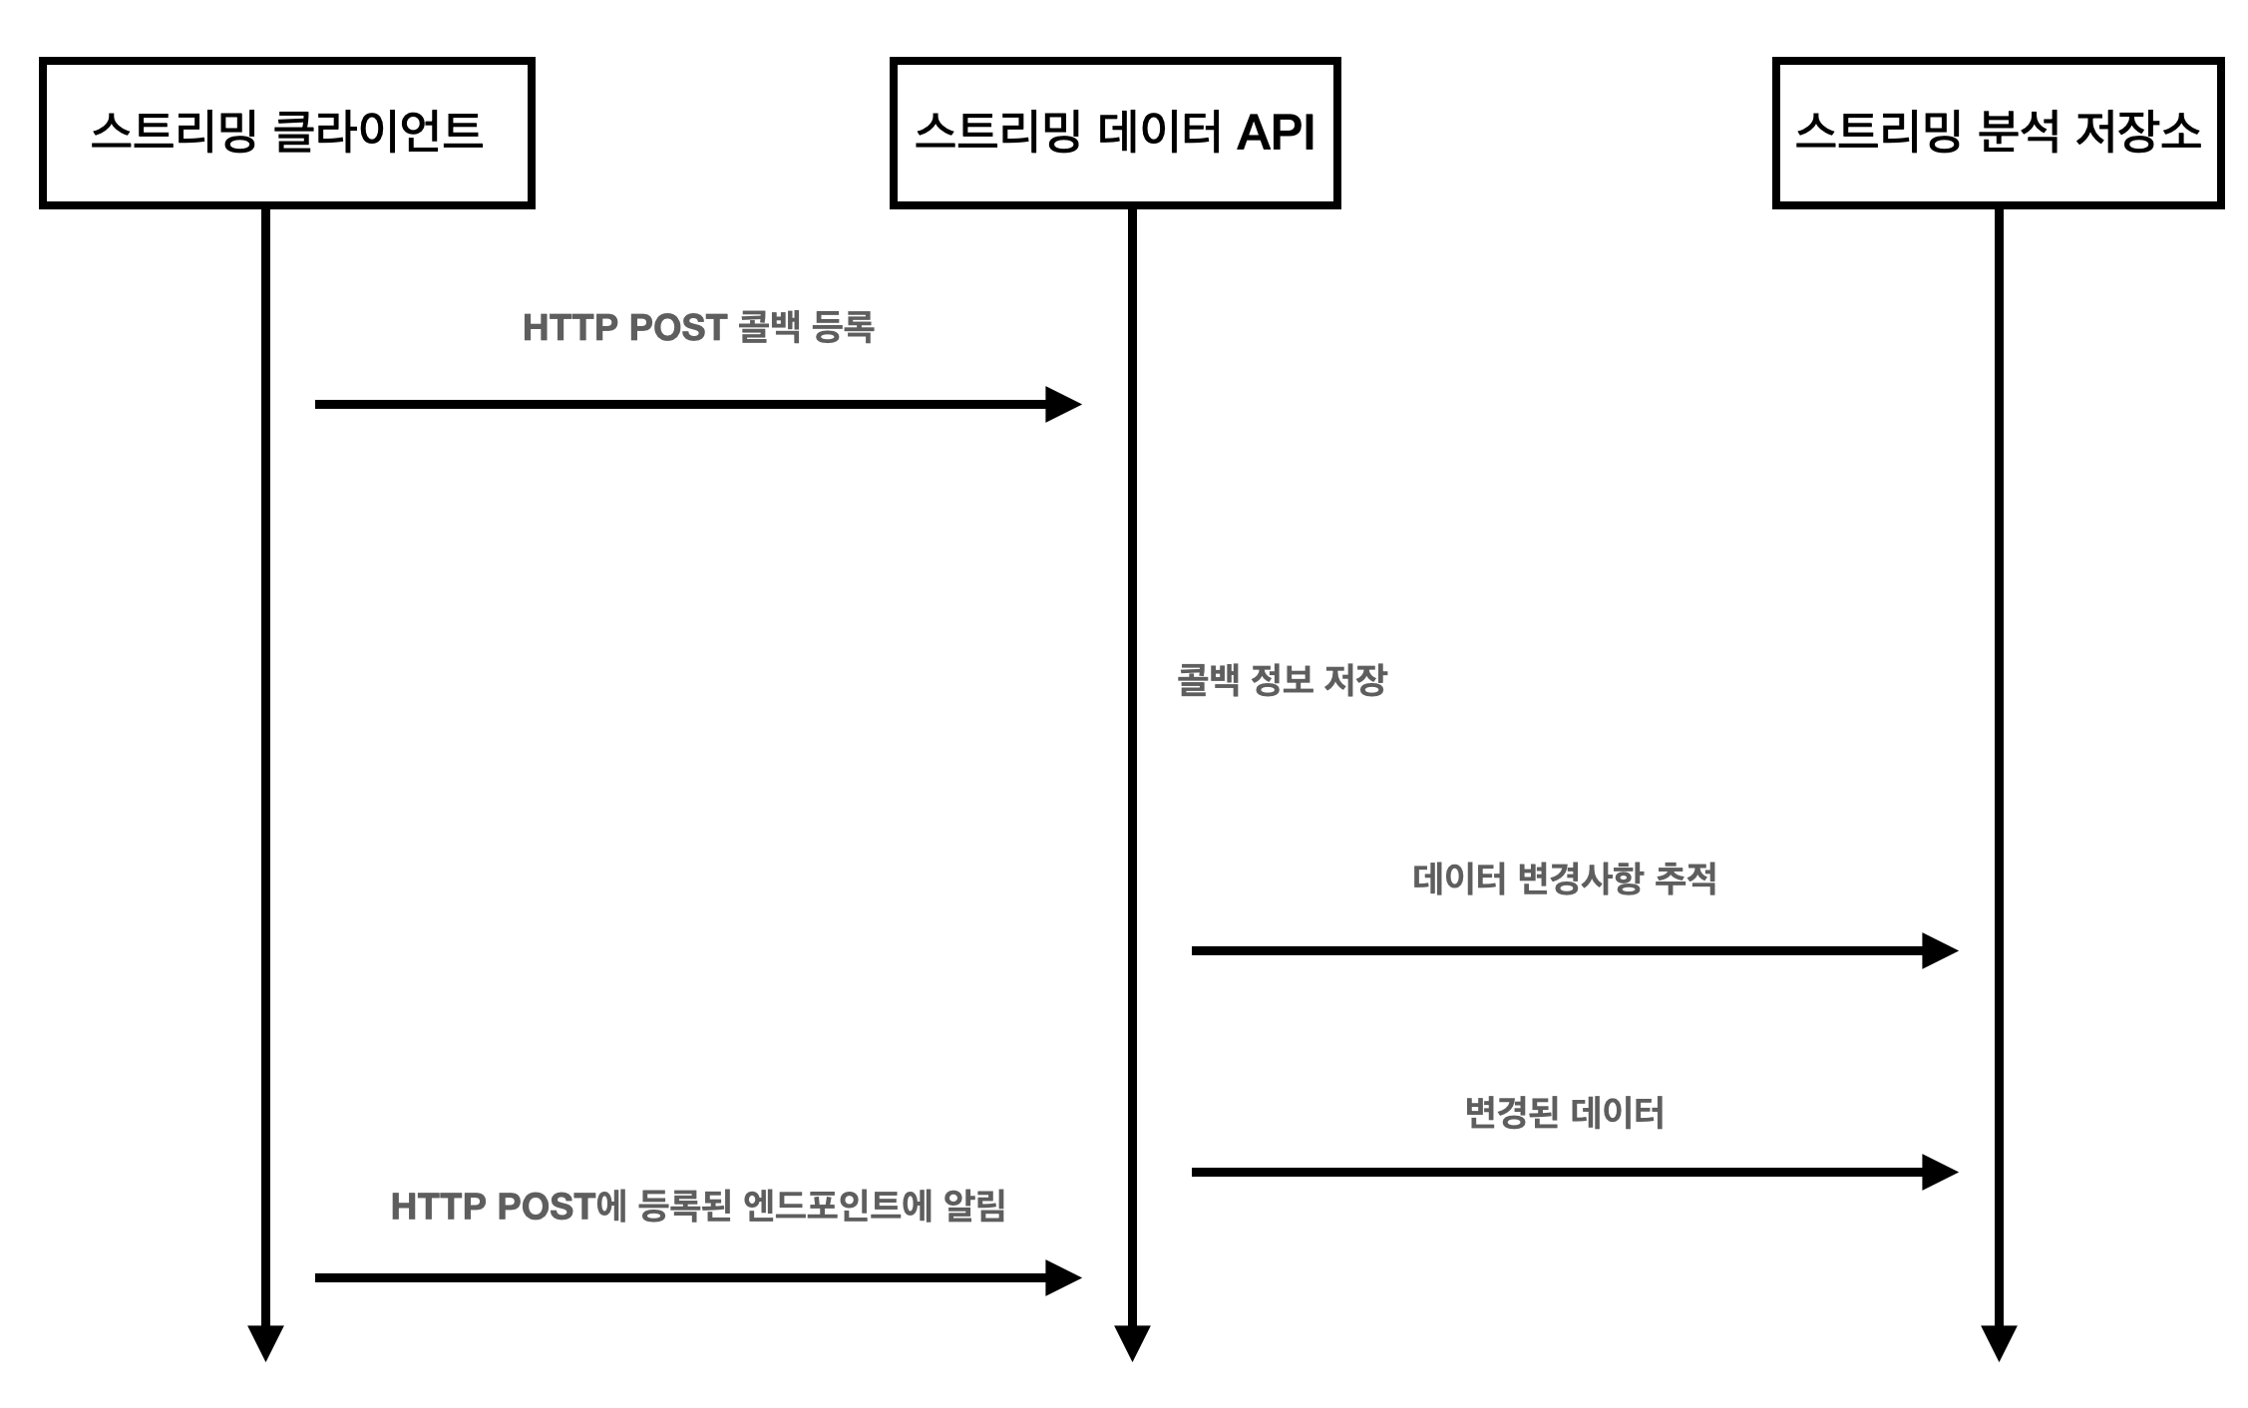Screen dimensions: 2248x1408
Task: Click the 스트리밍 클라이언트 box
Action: [286, 133]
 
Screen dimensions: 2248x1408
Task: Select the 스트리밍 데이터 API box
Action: [1114, 133]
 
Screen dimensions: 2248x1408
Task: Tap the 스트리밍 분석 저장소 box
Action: [1998, 133]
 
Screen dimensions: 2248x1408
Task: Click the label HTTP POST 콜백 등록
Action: [698, 327]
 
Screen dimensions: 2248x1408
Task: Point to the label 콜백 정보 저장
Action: [1282, 680]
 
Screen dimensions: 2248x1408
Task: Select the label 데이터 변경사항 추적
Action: [1564, 879]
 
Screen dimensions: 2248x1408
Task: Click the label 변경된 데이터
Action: [1564, 1112]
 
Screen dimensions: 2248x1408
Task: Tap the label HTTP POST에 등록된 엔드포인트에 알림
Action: [698, 1206]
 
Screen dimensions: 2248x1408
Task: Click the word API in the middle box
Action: [1276, 133]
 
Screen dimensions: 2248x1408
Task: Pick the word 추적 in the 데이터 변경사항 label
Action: [1686, 879]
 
